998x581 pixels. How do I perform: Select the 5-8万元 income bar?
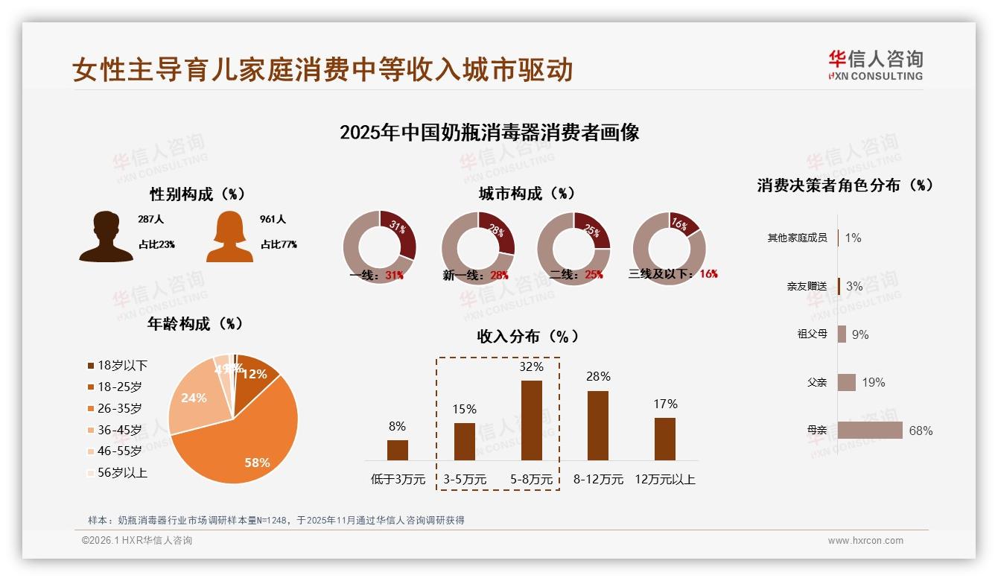[531, 420]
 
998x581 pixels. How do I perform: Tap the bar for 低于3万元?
[398, 450]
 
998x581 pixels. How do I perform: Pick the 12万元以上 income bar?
[665, 439]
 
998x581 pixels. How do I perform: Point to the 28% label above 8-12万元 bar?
[598, 377]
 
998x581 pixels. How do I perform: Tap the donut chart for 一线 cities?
[379, 248]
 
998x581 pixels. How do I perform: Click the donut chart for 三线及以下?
[669, 248]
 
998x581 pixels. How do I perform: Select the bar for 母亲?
[870, 431]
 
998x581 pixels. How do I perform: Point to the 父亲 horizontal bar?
[847, 382]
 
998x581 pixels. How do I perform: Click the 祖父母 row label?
[812, 334]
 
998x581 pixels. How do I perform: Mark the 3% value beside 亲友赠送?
[854, 286]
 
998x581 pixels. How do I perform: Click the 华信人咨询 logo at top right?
[875, 66]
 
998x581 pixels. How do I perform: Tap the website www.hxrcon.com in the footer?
[865, 541]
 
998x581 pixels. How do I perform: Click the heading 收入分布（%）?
[527, 336]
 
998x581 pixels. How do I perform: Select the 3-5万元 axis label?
[465, 480]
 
